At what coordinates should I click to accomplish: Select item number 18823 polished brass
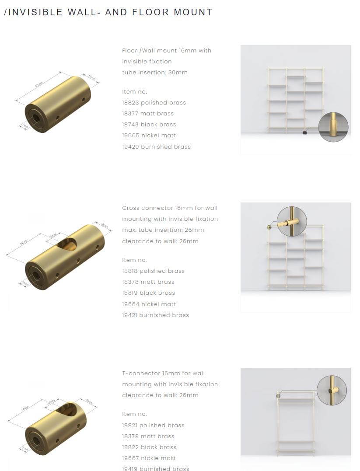[x=154, y=103]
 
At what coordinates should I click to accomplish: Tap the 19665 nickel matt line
[x=149, y=136]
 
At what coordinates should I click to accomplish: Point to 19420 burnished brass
[x=156, y=147]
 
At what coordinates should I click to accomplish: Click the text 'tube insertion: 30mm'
[x=155, y=73]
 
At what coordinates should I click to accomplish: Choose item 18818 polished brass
[x=153, y=271]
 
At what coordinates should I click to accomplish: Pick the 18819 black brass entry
[x=148, y=293]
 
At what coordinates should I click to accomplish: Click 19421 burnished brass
[x=155, y=315]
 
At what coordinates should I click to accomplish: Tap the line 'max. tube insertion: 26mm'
[x=163, y=230]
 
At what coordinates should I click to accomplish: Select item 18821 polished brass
[x=153, y=426]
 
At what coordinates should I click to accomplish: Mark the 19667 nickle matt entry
[x=149, y=458]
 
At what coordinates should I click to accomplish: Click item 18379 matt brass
[x=148, y=436]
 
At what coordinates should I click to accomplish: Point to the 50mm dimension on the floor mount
[x=39, y=84]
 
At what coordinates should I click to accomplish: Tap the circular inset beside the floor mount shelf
[x=333, y=127]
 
